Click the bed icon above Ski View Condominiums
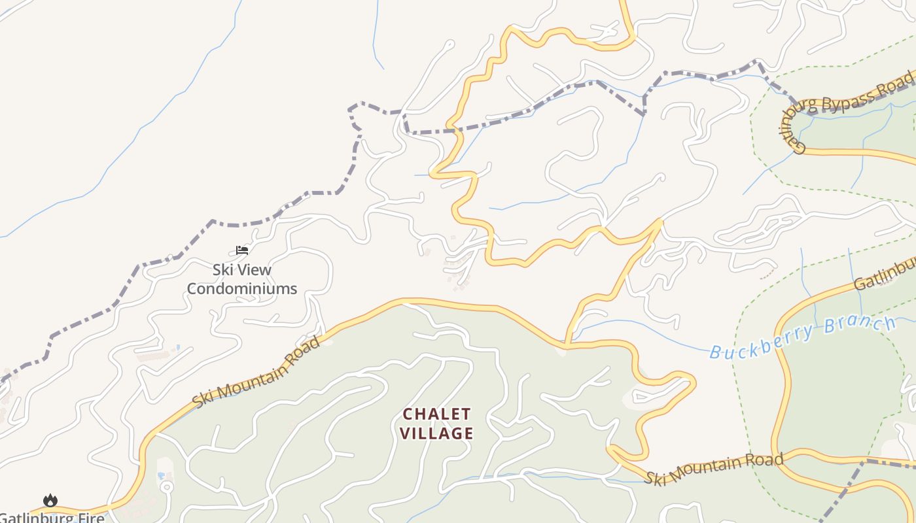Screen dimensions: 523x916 242,250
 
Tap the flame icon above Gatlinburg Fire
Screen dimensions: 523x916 50,501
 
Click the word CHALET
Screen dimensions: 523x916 436,414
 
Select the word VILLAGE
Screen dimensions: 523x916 436,433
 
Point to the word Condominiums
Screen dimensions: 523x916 242,288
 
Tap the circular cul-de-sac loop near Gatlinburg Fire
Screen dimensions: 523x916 166,487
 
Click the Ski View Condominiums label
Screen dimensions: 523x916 242,279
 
